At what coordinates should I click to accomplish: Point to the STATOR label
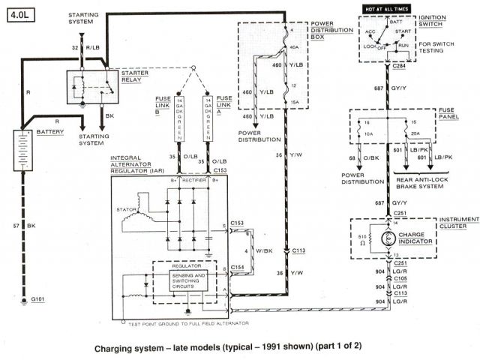(x=124, y=208)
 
